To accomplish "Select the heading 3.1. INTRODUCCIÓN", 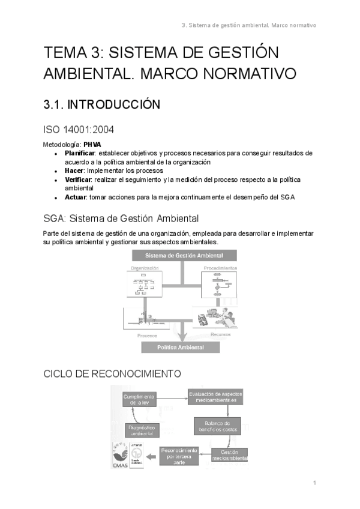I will coord(101,105).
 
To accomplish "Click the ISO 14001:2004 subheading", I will coord(79,129).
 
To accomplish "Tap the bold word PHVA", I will coord(92,145).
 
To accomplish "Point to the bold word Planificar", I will coord(80,153).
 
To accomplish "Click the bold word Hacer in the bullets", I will coord(75,171).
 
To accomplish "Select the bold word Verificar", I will coord(79,180).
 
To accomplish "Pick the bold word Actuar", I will coord(76,197).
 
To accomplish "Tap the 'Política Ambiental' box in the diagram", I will coord(180,348).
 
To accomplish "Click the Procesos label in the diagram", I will coord(147,336).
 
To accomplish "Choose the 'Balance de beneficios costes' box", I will coord(217,426).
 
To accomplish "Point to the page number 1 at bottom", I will coord(314,483).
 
